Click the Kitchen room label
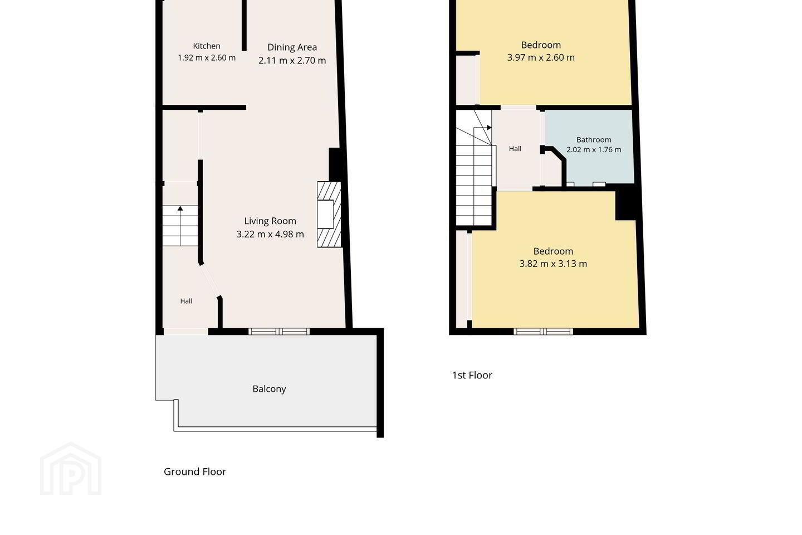click(x=207, y=46)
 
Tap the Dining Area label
click(x=292, y=47)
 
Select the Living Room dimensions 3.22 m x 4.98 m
click(x=270, y=234)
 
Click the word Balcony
click(x=269, y=389)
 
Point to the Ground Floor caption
click(x=195, y=471)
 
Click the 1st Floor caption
click(x=472, y=375)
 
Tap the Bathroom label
click(x=594, y=140)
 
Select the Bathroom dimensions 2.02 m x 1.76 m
click(x=594, y=149)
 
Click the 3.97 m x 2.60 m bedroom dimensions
click(x=541, y=57)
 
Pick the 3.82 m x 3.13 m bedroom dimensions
click(x=553, y=264)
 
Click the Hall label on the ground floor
click(x=186, y=301)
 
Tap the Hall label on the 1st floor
click(x=515, y=149)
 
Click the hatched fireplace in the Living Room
click(x=329, y=215)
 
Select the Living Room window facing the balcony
click(x=279, y=332)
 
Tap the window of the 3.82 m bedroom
click(x=543, y=332)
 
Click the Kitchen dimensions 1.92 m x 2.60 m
click(x=207, y=58)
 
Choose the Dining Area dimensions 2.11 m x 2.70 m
click(x=292, y=60)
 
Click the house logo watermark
click(x=71, y=469)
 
